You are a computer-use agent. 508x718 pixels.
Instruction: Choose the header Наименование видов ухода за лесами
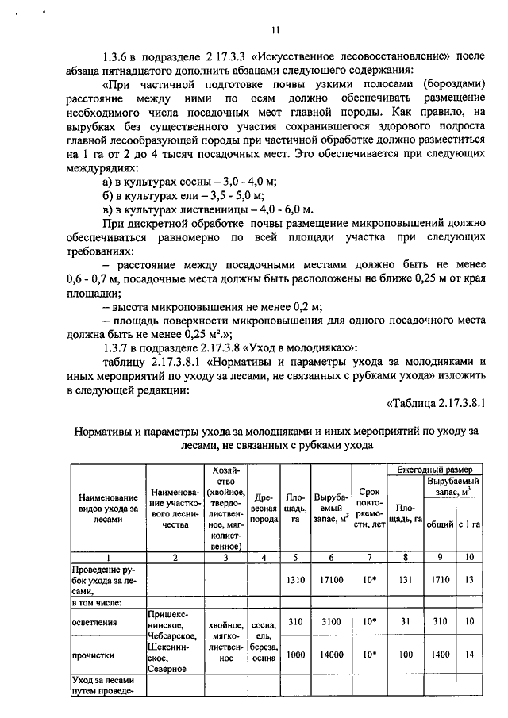[x=106, y=509]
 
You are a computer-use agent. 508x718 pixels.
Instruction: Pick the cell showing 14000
[x=329, y=655]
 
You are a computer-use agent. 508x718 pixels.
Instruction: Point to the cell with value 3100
[x=329, y=622]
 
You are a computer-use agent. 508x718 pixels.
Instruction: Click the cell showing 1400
[x=434, y=655]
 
